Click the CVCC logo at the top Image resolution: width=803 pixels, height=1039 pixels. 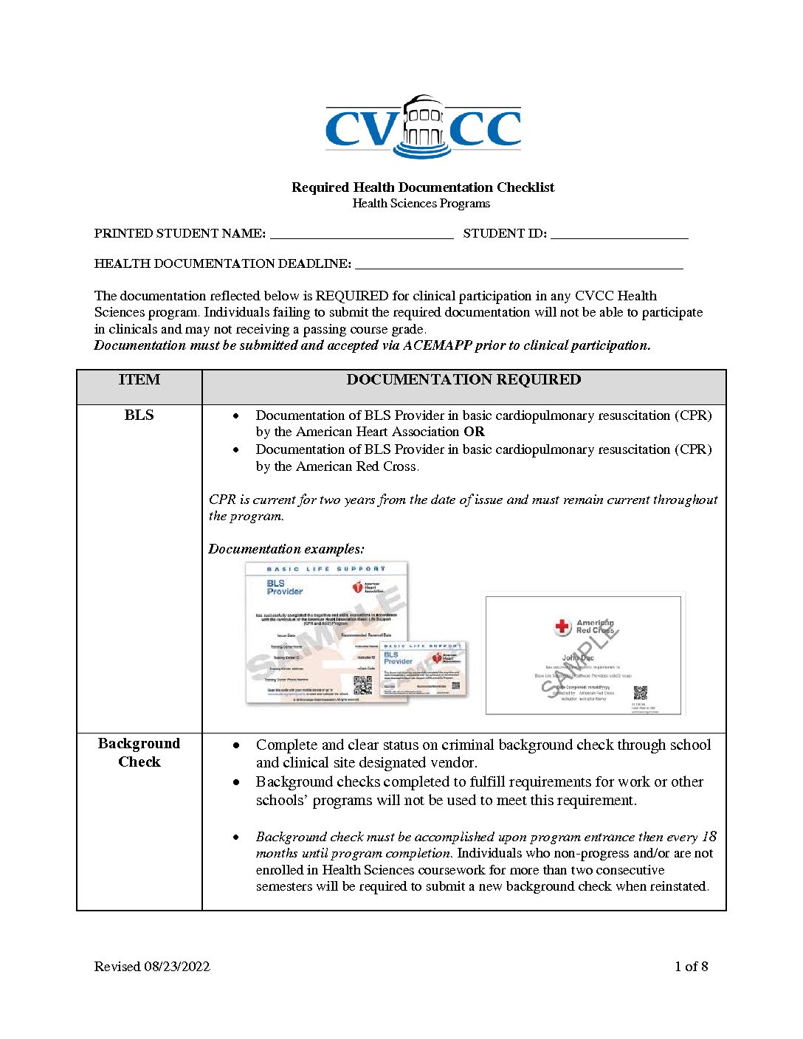423,127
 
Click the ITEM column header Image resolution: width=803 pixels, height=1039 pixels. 139,380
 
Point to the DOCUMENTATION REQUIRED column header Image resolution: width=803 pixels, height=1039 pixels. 463,380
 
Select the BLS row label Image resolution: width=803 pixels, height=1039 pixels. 139,415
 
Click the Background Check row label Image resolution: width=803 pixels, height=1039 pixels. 139,753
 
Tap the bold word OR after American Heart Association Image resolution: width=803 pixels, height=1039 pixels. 474,432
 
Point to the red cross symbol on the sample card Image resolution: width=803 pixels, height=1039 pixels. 562,626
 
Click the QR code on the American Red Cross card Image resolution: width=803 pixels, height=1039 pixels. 640,692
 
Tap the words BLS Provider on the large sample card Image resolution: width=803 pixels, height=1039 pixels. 284,587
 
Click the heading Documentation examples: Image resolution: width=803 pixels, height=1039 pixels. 286,549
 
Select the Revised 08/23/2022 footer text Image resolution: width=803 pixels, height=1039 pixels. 152,967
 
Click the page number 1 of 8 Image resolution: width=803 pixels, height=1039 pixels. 691,967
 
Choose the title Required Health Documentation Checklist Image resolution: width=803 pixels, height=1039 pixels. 423,187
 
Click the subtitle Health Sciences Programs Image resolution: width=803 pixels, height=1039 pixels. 421,204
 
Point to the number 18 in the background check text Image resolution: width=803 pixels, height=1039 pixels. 709,837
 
